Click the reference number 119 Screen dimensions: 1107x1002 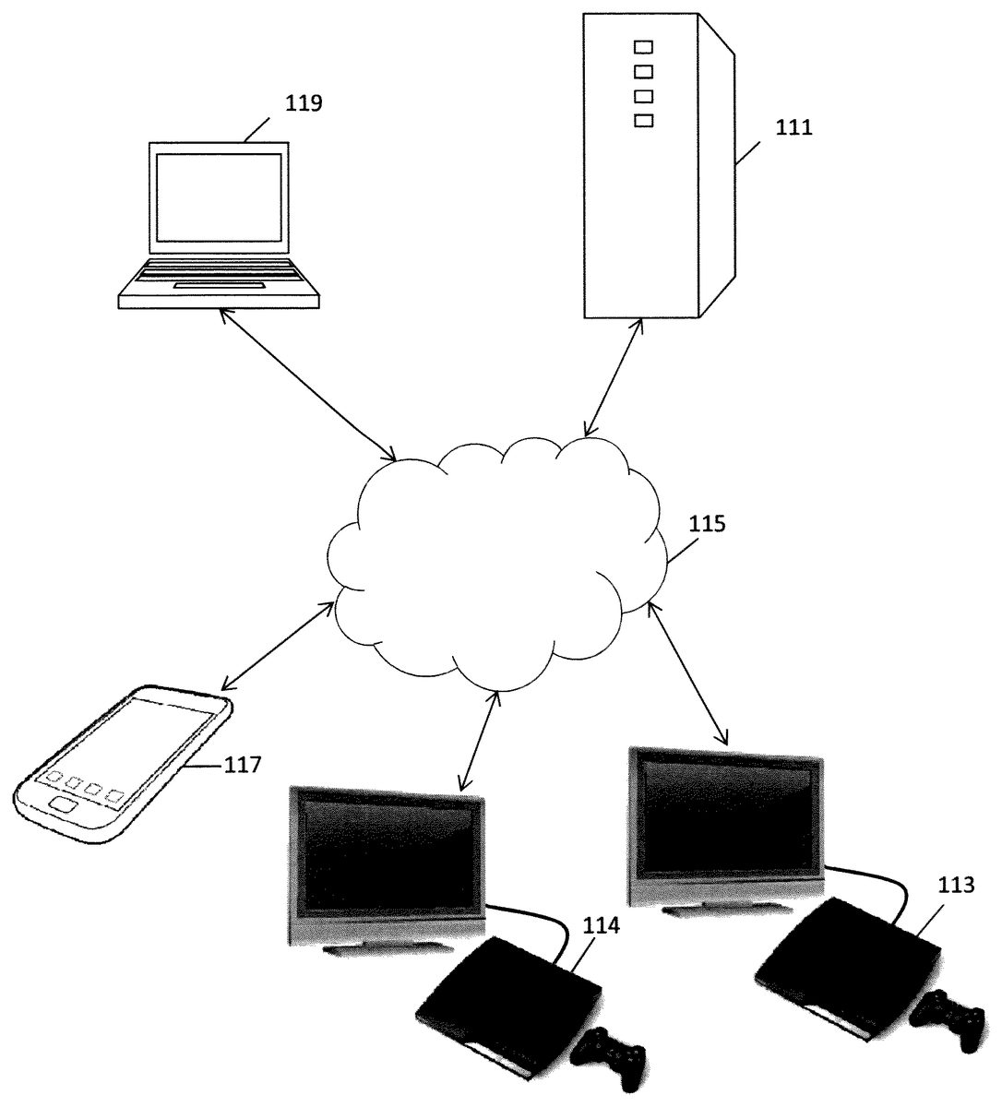pos(304,103)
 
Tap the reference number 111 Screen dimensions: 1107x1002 pos(793,128)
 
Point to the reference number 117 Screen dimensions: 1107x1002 pos(243,764)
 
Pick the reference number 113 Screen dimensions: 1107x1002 pos(953,886)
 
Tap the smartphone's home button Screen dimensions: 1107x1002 pos(63,804)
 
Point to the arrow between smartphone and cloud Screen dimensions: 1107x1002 pos(277,647)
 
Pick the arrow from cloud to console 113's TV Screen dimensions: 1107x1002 pos(688,673)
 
